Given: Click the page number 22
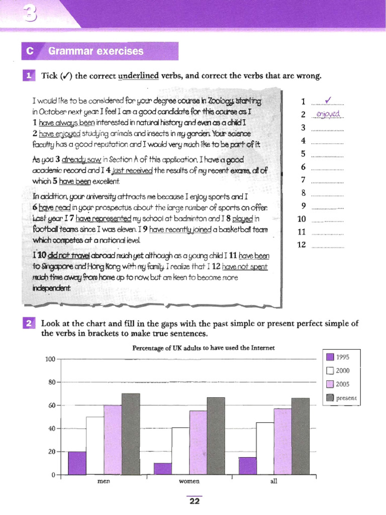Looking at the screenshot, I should click(194, 501).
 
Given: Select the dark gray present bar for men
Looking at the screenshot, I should click(131, 434).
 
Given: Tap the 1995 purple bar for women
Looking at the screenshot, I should click(162, 469).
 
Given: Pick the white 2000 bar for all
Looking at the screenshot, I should click(265, 449).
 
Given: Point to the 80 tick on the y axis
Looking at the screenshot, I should click(51, 382).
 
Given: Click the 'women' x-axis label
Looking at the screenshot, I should click(189, 481).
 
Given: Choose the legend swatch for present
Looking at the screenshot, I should click(330, 398).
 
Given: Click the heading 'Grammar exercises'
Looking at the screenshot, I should click(95, 51).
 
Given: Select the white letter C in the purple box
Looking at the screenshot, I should click(30, 51).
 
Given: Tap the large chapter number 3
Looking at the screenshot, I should click(30, 15).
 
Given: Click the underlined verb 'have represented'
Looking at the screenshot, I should click(104, 219).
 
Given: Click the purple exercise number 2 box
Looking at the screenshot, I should click(28, 323).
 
